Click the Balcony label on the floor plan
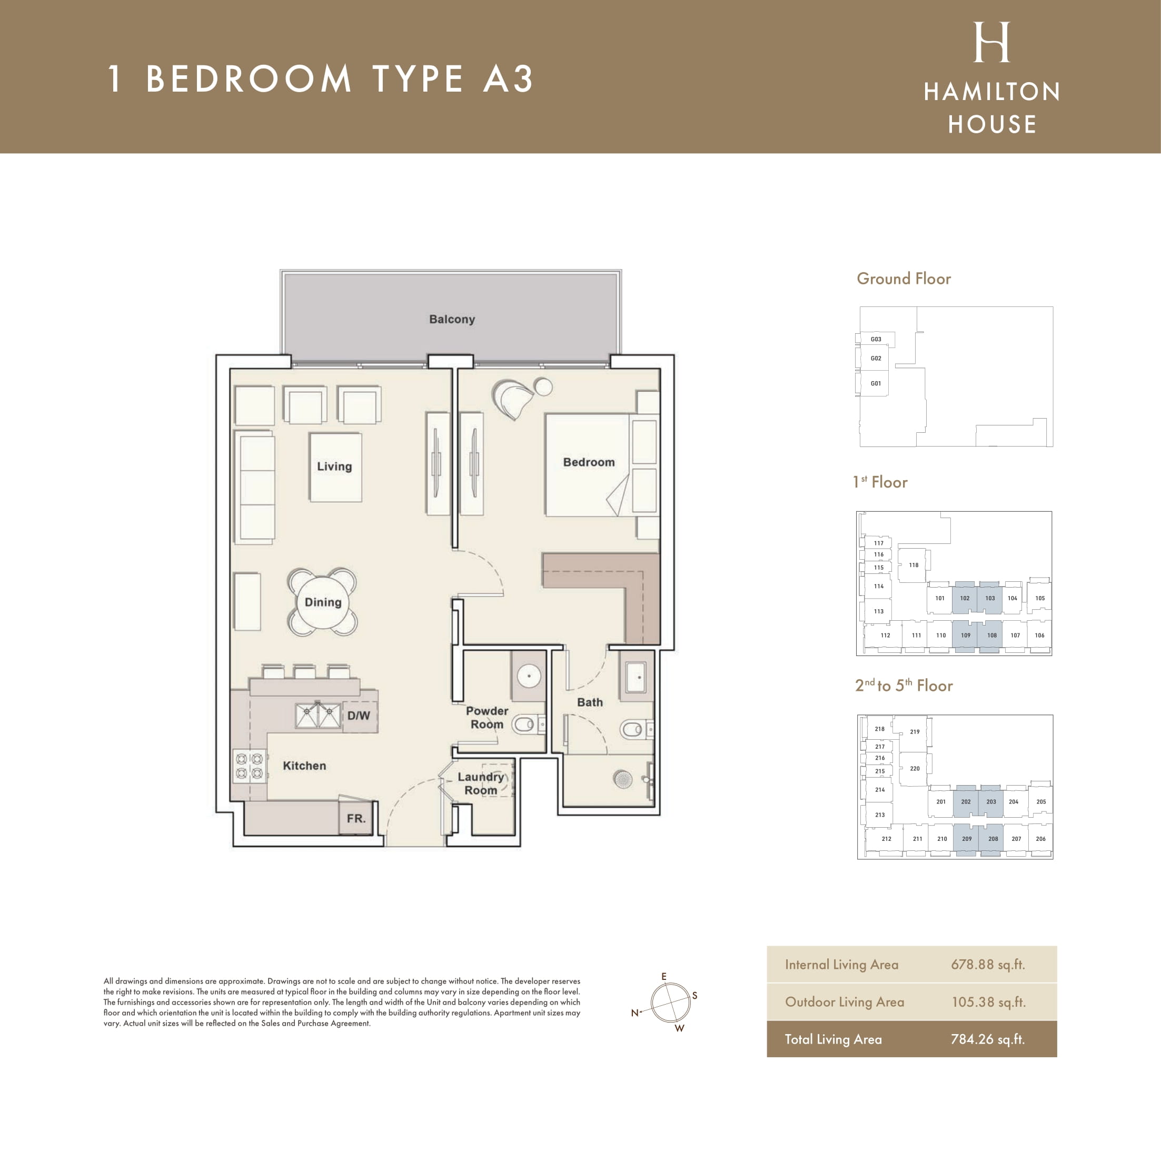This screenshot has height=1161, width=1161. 452,319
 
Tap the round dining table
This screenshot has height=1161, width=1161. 323,602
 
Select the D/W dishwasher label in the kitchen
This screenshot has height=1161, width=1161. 358,716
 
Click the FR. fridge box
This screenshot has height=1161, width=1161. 356,818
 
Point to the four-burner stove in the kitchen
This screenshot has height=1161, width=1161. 250,766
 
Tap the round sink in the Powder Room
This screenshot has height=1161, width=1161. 529,676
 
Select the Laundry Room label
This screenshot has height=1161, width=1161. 481,783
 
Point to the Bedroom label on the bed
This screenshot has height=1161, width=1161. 589,462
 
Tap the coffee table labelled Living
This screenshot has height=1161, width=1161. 335,467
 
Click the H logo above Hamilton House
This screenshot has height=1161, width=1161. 991,42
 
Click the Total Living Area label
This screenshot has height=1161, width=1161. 833,1039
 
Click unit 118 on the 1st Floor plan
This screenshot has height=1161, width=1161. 914,565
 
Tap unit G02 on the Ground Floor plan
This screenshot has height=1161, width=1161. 876,358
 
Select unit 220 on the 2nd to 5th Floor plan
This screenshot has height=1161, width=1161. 915,769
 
